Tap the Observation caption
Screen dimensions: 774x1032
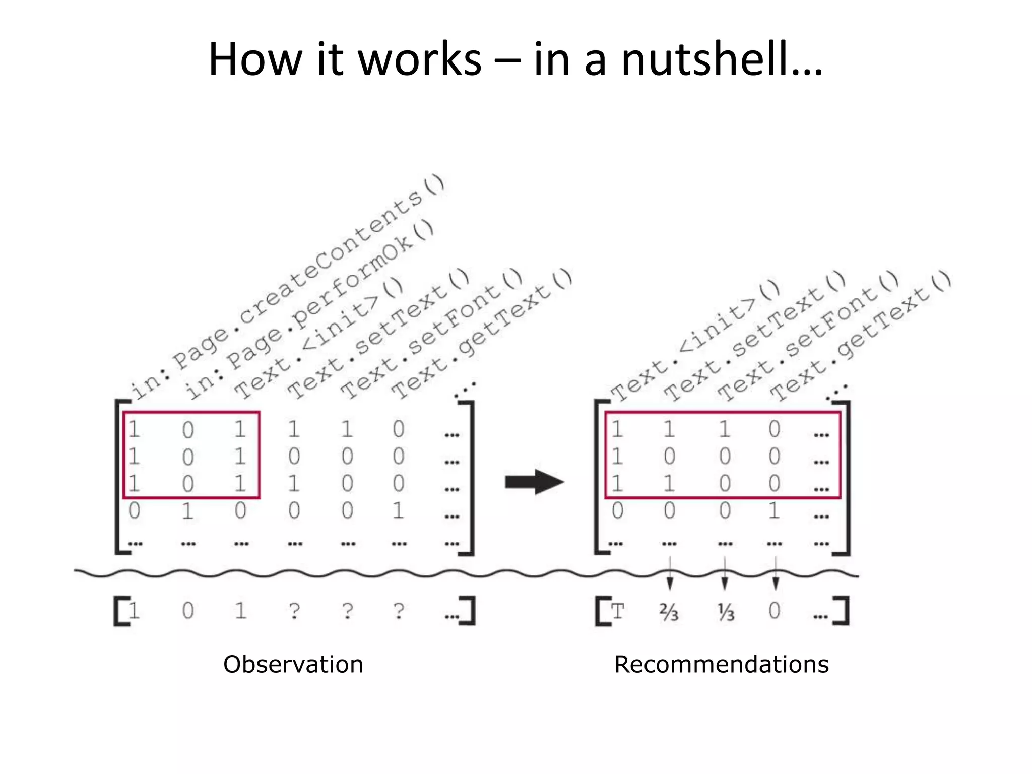[x=293, y=664]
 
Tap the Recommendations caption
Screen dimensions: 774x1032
[x=721, y=664]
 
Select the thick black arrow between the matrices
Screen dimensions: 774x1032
[x=534, y=482]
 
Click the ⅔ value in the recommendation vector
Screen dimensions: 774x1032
[x=669, y=612]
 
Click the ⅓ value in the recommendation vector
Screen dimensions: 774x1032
[x=726, y=612]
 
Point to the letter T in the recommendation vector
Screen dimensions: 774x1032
[x=617, y=611]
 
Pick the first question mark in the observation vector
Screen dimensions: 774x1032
[x=294, y=611]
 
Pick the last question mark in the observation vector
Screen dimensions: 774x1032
[x=399, y=611]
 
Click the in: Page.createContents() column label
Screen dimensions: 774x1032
[x=287, y=287]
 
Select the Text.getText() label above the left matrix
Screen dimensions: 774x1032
[x=481, y=335]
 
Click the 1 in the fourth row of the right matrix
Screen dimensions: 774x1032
[x=774, y=511]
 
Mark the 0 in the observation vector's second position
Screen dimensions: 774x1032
[x=188, y=611]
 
